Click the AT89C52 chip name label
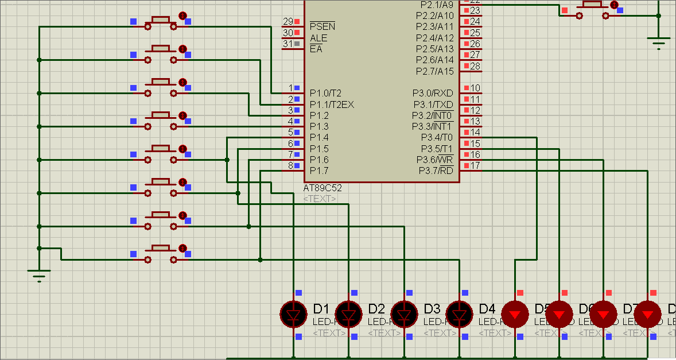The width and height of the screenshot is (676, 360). pyautogui.click(x=323, y=188)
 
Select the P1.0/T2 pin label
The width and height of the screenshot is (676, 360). pyautogui.click(x=325, y=93)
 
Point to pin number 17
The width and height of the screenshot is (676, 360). pyautogui.click(x=475, y=166)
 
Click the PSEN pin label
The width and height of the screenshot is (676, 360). pyautogui.click(x=322, y=26)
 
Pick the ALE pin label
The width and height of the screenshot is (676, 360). pyautogui.click(x=318, y=38)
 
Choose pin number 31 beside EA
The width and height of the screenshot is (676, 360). pyautogui.click(x=288, y=44)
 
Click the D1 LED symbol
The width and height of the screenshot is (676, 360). pyautogui.click(x=294, y=314)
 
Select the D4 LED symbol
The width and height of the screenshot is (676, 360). pyautogui.click(x=459, y=314)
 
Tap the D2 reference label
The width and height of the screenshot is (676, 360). pyautogui.click(x=376, y=309)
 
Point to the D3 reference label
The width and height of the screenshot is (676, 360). pyautogui.click(x=432, y=309)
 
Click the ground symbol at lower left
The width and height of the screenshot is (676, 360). pyautogui.click(x=38, y=276)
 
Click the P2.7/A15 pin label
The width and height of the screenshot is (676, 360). pyautogui.click(x=434, y=71)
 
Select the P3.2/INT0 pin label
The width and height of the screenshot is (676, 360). pyautogui.click(x=432, y=115)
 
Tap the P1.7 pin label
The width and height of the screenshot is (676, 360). pyautogui.click(x=319, y=171)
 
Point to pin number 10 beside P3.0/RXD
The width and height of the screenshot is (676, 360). pyautogui.click(x=475, y=88)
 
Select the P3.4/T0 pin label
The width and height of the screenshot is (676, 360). pyautogui.click(x=437, y=137)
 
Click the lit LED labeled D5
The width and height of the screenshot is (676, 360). pyautogui.click(x=515, y=314)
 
